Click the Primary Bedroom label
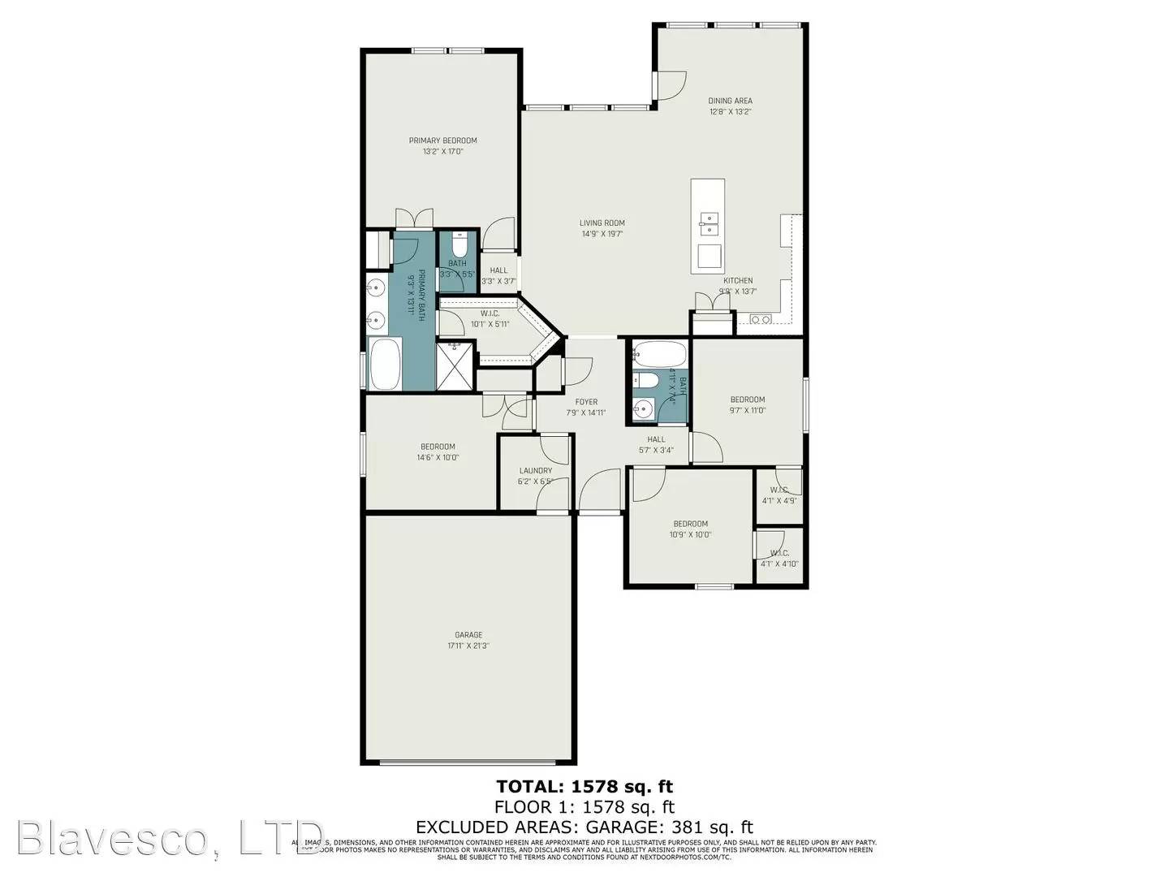(442, 140)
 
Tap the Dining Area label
(730, 101)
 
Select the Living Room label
(602, 223)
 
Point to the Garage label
(468, 635)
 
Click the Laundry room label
(535, 471)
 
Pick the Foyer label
(586, 402)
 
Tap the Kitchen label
(738, 281)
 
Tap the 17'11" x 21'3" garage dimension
(468, 646)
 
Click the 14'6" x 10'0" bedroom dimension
(438, 457)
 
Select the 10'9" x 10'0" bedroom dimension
(690, 534)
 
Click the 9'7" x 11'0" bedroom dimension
(747, 410)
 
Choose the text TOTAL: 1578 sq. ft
(584, 786)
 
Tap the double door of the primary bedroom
(414, 219)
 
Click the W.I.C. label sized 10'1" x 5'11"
(490, 313)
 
